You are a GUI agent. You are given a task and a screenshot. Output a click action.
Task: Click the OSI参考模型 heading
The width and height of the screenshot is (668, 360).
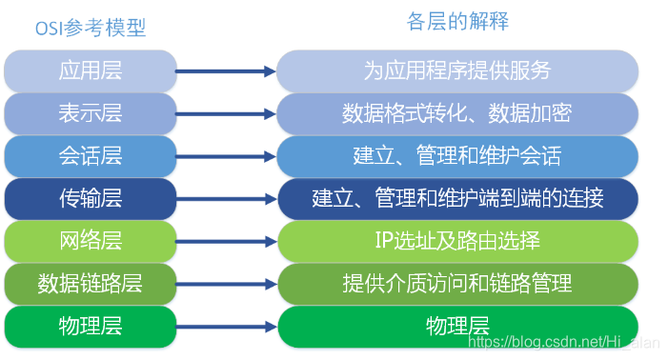pyautogui.click(x=91, y=29)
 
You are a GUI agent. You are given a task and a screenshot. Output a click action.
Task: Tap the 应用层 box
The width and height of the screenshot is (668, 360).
pyautogui.click(x=91, y=70)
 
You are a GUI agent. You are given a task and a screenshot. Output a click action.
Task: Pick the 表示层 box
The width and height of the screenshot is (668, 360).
pyautogui.click(x=91, y=112)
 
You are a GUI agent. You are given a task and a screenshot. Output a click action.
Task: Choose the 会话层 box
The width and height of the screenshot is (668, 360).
pyautogui.click(x=91, y=155)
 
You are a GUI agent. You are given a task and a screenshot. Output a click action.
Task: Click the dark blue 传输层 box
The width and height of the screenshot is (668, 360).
pyautogui.click(x=91, y=198)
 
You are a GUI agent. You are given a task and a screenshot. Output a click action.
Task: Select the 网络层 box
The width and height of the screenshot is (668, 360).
pyautogui.click(x=91, y=240)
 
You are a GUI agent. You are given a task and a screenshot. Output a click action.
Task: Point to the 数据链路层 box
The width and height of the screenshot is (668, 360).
pyautogui.click(x=91, y=283)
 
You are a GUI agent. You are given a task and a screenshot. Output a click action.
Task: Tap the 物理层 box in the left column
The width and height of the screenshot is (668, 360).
pyautogui.click(x=91, y=325)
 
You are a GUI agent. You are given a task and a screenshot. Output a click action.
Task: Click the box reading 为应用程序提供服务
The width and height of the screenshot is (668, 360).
pyautogui.click(x=457, y=70)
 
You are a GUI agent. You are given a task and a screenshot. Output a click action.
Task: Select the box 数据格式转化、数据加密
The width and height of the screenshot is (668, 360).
pyautogui.click(x=457, y=112)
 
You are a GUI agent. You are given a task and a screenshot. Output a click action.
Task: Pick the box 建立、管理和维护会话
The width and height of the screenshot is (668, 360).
pyautogui.click(x=457, y=155)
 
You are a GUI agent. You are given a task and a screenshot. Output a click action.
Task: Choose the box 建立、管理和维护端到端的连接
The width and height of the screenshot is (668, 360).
pyautogui.click(x=457, y=198)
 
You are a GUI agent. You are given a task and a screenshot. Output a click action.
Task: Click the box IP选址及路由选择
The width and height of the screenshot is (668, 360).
pyautogui.click(x=457, y=240)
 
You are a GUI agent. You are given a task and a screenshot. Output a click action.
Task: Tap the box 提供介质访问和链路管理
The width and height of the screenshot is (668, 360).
pyautogui.click(x=457, y=283)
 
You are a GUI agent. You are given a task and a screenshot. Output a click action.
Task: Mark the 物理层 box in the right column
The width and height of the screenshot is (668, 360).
pyautogui.click(x=457, y=325)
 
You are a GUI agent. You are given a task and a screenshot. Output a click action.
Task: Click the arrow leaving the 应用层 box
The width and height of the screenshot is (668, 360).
pyautogui.click(x=227, y=70)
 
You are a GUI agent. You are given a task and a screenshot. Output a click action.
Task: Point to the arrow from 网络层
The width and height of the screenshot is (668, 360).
pyautogui.click(x=227, y=240)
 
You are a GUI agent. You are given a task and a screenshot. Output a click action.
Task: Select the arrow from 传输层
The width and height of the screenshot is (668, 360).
pyautogui.click(x=227, y=198)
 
